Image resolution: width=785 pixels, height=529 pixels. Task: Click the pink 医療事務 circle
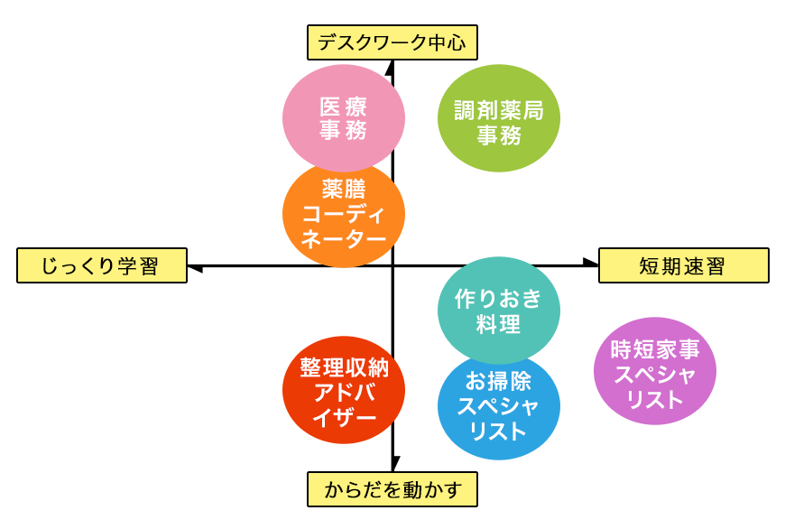(x=344, y=117)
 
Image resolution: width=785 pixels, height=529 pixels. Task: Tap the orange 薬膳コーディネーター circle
(x=344, y=215)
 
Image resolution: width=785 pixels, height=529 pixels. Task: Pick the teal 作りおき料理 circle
(x=498, y=309)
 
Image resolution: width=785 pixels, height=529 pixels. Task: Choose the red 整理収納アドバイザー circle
(x=344, y=392)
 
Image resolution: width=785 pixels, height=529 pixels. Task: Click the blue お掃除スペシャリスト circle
(x=498, y=406)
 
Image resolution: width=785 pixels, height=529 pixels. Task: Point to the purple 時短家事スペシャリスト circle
(x=655, y=371)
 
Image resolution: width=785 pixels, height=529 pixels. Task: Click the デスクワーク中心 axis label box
(x=392, y=42)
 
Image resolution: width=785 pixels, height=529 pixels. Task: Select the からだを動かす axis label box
(x=392, y=489)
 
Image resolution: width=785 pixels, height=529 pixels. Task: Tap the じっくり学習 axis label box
(x=101, y=266)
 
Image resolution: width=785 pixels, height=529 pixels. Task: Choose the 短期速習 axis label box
(x=683, y=266)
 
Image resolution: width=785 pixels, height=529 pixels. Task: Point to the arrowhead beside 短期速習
(x=590, y=262)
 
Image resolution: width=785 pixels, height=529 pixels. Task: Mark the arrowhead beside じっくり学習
(x=195, y=268)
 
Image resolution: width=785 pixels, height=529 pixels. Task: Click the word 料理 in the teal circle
(x=498, y=324)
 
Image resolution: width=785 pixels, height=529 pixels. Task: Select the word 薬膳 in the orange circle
(x=344, y=190)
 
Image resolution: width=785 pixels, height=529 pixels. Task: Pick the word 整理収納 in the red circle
(x=344, y=368)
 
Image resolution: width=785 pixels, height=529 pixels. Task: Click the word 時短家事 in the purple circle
(x=655, y=348)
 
